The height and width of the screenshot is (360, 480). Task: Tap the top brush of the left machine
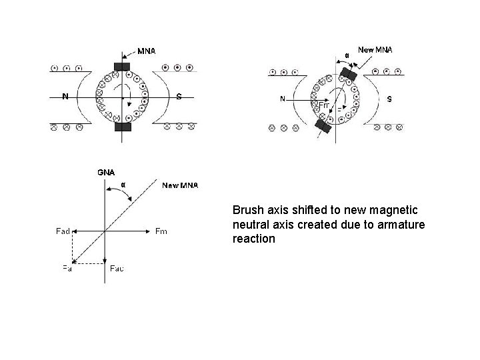point(123,66)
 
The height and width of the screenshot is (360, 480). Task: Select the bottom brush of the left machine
point(123,127)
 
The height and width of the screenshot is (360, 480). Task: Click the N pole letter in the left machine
point(65,96)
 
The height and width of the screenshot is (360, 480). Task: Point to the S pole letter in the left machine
point(179,96)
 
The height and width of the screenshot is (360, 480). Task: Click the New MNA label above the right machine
point(375,49)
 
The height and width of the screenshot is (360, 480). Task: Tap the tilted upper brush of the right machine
point(348,74)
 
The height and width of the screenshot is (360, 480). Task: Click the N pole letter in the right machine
point(283,99)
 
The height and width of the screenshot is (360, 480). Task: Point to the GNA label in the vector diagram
point(106,172)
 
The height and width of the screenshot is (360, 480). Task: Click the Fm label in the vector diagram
point(161,231)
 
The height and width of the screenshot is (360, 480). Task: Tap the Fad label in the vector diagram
point(63,231)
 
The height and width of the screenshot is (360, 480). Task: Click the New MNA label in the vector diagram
point(180,185)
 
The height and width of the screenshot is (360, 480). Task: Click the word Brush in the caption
point(247,211)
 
